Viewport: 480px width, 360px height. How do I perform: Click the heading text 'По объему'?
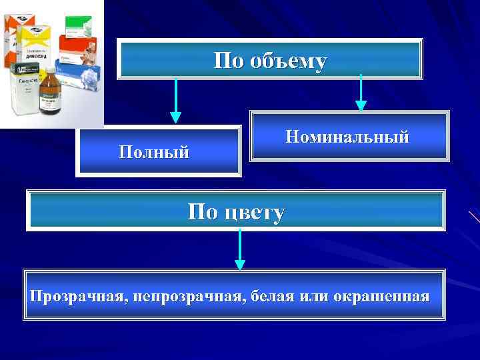(270, 61)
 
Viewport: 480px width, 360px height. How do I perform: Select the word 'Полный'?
(154, 151)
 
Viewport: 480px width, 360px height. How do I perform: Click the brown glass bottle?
(50, 97)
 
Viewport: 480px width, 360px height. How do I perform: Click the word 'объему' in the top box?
(289, 61)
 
